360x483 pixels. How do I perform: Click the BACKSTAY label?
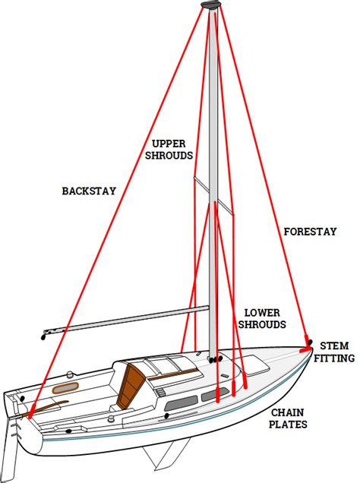point(89,191)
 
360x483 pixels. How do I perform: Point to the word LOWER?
point(261,312)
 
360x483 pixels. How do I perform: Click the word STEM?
point(335,346)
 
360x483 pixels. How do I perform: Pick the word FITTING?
point(335,358)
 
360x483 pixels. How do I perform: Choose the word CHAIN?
point(288,412)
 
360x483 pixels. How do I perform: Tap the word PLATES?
point(288,425)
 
